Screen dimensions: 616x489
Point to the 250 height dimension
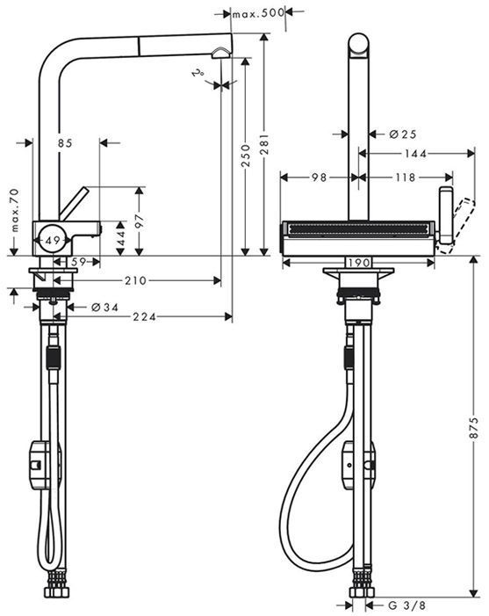(246, 156)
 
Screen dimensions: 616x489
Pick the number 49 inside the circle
(53, 239)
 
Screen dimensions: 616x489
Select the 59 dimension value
(76, 261)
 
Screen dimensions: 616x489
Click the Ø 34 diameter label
(106, 307)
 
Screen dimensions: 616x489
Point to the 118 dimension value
(405, 177)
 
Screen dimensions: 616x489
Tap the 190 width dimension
(356, 263)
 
